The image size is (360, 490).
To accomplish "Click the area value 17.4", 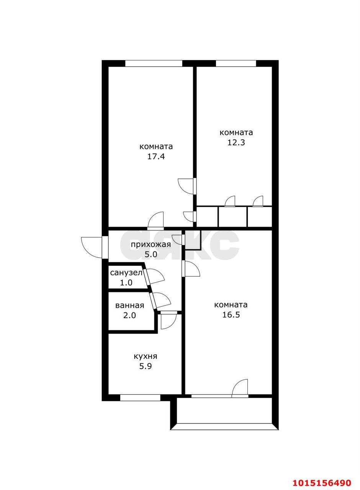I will click(156, 157).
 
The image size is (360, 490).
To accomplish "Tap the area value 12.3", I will click(236, 143).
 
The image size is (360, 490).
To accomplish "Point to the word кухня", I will click(145, 356).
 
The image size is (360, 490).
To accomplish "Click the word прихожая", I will click(151, 245).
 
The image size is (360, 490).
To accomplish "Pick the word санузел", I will click(126, 273).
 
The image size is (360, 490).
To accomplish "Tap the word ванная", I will click(129, 305).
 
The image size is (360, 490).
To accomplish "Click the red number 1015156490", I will click(322, 482).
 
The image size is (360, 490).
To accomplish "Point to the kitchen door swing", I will click(167, 321).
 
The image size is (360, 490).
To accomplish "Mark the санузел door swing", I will click(155, 276).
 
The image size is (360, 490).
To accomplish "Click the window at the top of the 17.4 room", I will click(154, 64).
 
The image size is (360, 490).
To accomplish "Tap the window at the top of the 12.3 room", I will click(236, 64).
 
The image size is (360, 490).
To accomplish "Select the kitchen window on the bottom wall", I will click(140, 398).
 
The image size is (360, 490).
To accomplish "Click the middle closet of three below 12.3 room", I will click(233, 217).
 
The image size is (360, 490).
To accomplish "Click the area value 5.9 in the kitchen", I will click(145, 366).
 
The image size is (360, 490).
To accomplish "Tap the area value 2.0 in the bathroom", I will click(129, 315).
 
